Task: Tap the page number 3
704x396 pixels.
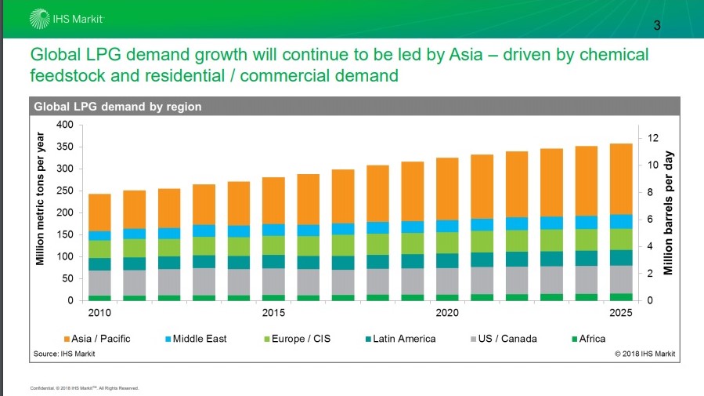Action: click(658, 26)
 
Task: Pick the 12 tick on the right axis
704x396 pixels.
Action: click(651, 138)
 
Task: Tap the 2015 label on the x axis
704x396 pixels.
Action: click(273, 314)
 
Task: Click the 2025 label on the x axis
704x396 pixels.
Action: click(621, 314)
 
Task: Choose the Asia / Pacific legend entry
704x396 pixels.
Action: click(98, 339)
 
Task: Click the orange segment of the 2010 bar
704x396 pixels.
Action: click(99, 213)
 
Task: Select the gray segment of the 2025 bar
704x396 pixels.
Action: click(621, 279)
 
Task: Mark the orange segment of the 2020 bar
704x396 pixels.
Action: click(447, 189)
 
